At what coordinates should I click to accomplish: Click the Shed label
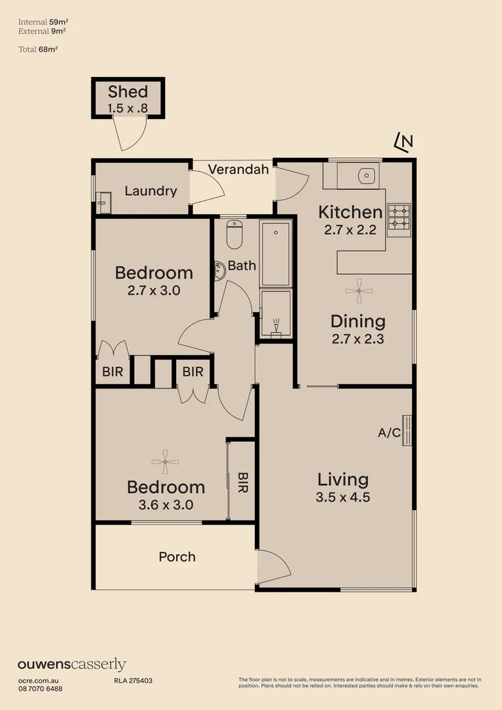tap(127, 91)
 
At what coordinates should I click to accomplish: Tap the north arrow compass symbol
tap(403, 141)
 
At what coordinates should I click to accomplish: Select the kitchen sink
tap(365, 176)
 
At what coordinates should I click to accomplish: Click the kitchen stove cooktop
tap(398, 219)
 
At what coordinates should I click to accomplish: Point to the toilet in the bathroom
tap(235, 234)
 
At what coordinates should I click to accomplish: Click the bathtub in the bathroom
tap(275, 254)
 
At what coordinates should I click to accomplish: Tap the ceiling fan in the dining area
tap(358, 291)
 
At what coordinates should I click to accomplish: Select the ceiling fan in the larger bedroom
tap(164, 461)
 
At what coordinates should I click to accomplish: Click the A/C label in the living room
tap(389, 433)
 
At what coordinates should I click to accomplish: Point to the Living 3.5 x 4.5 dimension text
tap(342, 497)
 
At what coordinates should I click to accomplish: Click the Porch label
tap(177, 557)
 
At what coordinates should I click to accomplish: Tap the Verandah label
tap(239, 170)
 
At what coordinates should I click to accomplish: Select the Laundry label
tap(150, 191)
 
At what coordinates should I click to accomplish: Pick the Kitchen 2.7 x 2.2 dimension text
tap(350, 229)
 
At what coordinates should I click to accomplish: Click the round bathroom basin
tap(218, 268)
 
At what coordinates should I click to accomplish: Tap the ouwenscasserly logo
tap(72, 665)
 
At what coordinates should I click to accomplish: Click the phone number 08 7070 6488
tap(40, 688)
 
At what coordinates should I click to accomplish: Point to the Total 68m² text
tap(38, 49)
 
